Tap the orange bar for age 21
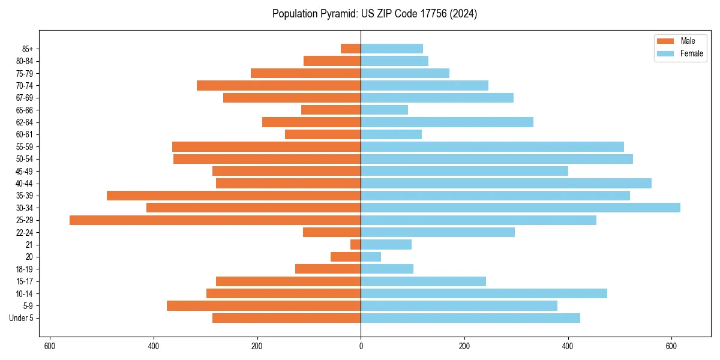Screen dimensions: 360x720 click(x=356, y=245)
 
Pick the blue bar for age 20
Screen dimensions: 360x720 click(x=371, y=257)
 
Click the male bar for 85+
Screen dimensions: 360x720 click(x=351, y=49)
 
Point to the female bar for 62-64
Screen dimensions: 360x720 click(x=447, y=122)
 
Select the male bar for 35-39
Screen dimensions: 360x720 click(x=234, y=196)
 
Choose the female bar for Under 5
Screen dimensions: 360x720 click(x=470, y=318)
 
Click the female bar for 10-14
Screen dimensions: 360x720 click(x=484, y=293)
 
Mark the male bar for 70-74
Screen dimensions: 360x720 click(x=279, y=86)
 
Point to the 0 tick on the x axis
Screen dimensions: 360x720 click(x=361, y=346)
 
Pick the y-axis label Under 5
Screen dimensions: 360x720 click(x=21, y=318)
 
